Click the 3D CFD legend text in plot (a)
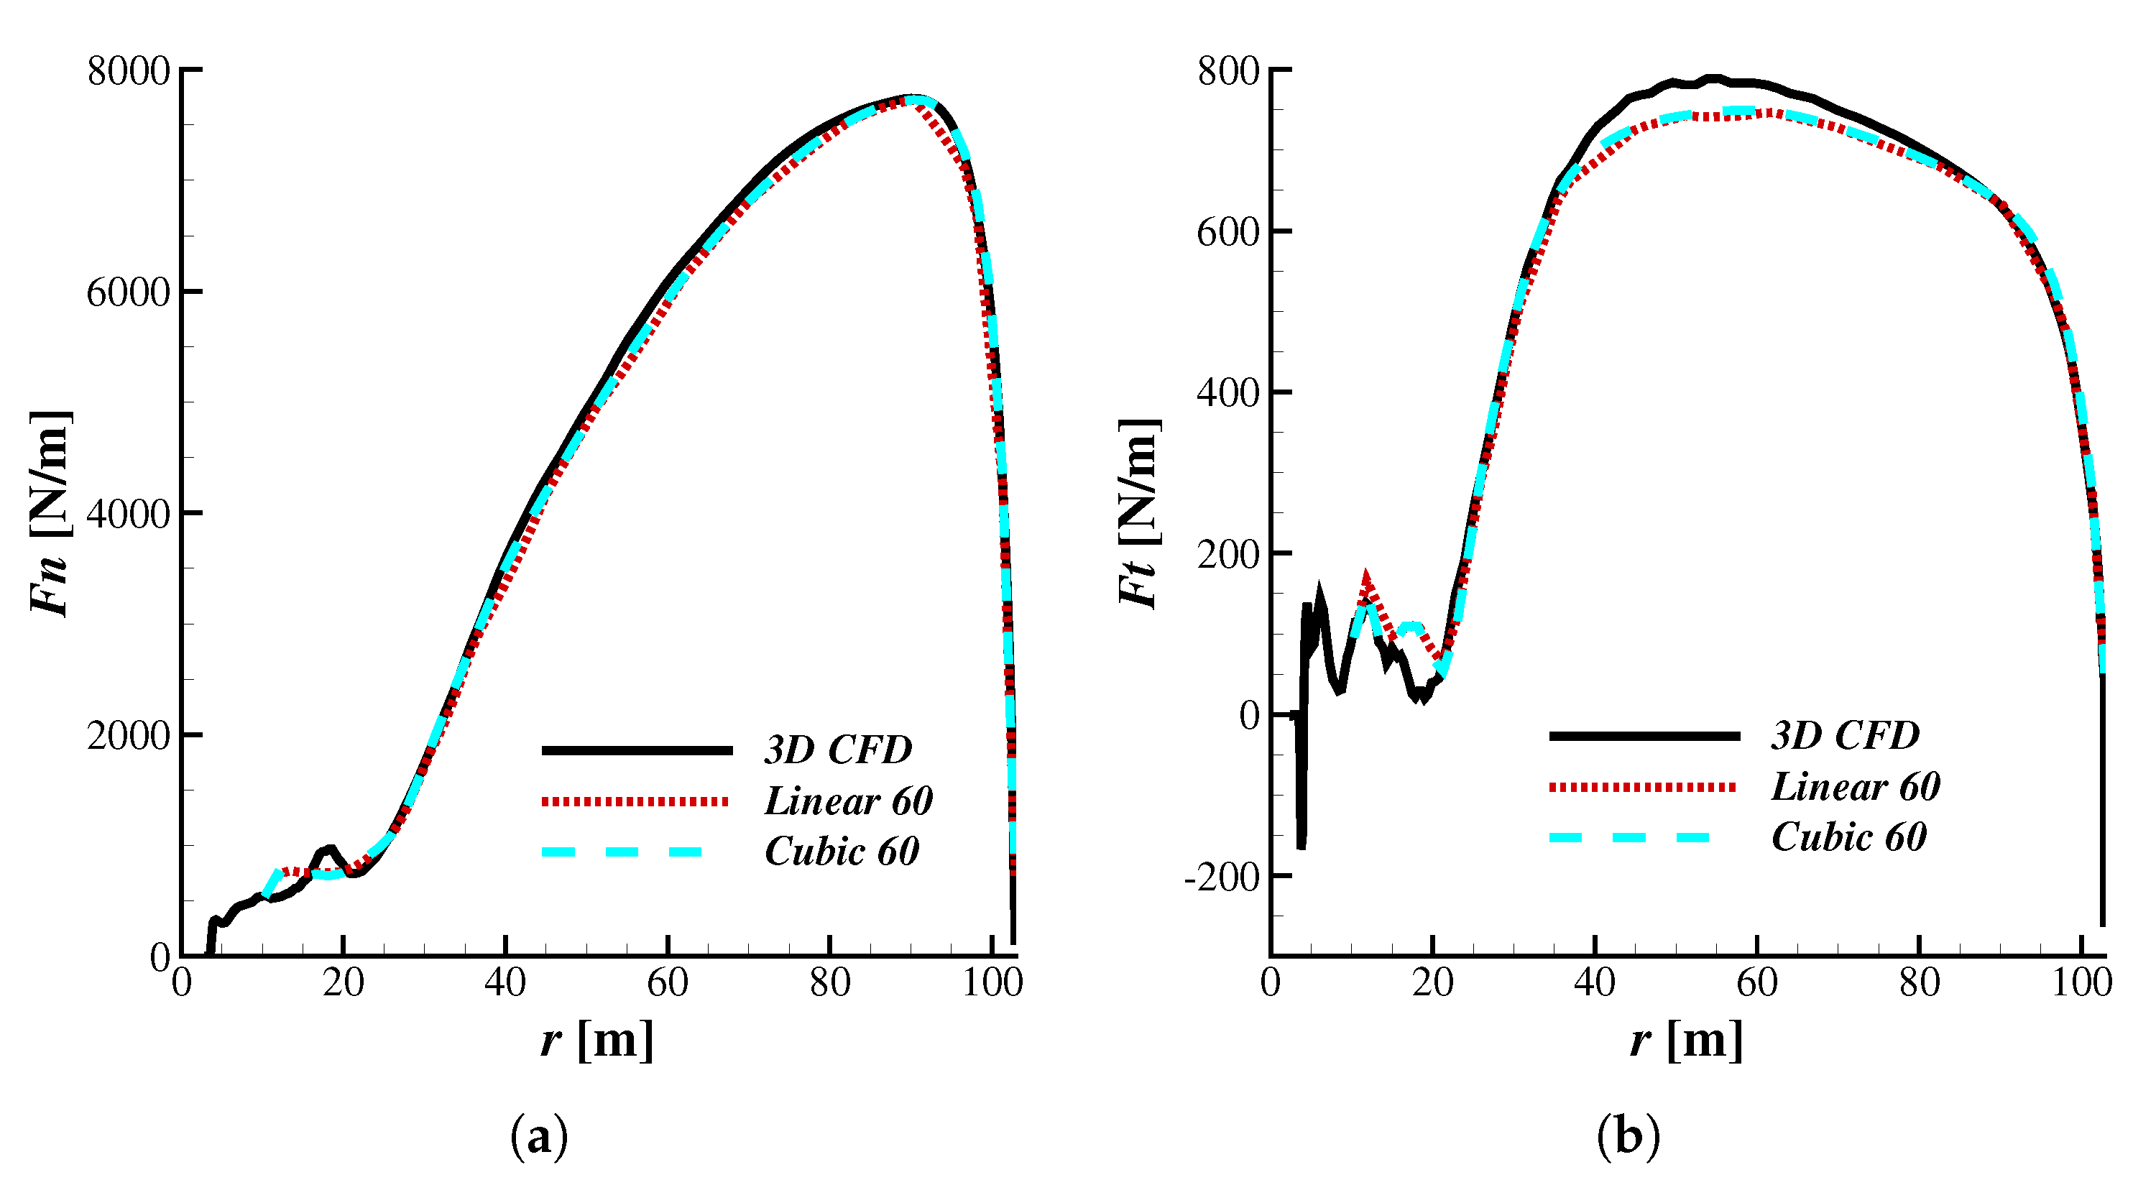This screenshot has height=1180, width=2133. point(837,750)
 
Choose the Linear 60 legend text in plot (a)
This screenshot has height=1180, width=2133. point(849,801)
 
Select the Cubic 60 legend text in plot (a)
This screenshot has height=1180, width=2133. point(842,852)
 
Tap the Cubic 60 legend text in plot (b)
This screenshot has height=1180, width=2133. point(1849,836)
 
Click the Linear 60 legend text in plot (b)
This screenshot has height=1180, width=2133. point(1856,786)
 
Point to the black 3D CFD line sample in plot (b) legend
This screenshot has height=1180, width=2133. point(1644,735)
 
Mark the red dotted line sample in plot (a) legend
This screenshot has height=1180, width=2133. point(635,801)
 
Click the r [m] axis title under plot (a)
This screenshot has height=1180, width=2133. point(597,1039)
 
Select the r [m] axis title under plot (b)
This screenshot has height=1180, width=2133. point(1687,1039)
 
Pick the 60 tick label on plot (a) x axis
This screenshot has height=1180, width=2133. point(668,983)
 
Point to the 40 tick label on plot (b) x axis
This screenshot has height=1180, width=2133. point(1595,983)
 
